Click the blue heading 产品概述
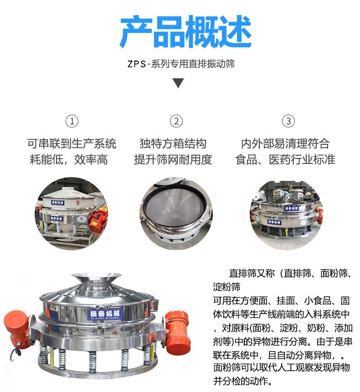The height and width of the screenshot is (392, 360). click(185, 32)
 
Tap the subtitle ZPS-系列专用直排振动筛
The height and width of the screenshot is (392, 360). click(181, 64)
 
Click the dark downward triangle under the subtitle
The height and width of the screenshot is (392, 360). click(178, 83)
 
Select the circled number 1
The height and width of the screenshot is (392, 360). click(72, 121)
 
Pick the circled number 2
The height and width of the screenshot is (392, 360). click(176, 121)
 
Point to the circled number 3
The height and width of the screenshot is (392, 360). click(288, 121)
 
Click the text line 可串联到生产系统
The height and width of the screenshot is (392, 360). click(72, 144)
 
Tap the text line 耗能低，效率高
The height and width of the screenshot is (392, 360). click(69, 159)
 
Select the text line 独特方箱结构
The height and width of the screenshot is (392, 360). click(173, 144)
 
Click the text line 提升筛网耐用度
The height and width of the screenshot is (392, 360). click(173, 159)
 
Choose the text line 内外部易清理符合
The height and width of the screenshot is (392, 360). click(285, 144)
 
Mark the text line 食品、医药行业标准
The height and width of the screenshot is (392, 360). click(285, 159)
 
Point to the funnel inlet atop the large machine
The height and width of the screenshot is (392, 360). click(96, 279)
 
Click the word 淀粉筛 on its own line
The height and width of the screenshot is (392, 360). click(226, 287)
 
